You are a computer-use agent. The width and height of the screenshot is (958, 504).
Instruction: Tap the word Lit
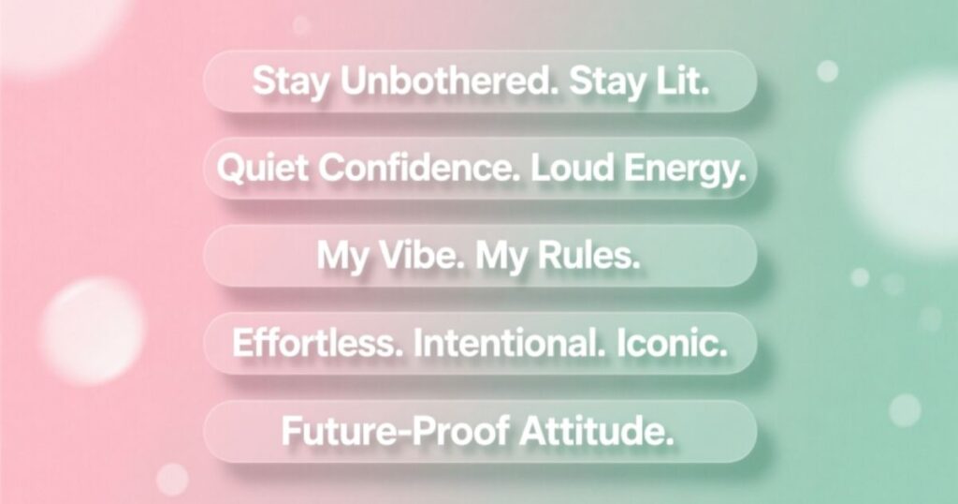point(679,82)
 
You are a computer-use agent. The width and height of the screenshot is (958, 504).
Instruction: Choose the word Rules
point(588,256)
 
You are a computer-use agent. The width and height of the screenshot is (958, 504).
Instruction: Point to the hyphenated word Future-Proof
point(393,431)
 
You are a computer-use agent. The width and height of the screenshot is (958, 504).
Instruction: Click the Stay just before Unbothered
point(292,82)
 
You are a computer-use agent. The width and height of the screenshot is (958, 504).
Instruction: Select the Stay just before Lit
point(605,82)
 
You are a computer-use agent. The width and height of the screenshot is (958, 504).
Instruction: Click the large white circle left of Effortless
point(92,329)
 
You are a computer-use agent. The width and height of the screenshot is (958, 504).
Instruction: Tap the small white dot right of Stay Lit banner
point(827,70)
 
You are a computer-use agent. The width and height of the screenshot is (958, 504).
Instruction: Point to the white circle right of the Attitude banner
point(905,409)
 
